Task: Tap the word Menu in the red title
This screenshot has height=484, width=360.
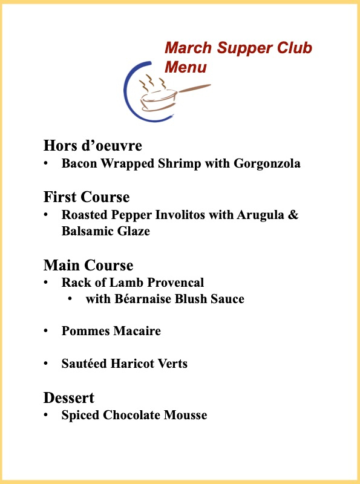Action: tap(186, 67)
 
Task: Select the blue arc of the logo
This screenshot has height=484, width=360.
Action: tap(128, 91)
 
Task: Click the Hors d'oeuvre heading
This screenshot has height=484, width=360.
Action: tap(93, 146)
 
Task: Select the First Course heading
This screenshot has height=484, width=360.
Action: tap(87, 197)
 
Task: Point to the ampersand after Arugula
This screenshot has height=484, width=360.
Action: tap(293, 215)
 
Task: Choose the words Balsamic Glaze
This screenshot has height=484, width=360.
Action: tap(106, 231)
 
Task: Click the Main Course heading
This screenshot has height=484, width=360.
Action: tap(88, 265)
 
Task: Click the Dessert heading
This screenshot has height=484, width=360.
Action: tap(69, 398)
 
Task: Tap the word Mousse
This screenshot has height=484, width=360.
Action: tap(185, 415)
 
